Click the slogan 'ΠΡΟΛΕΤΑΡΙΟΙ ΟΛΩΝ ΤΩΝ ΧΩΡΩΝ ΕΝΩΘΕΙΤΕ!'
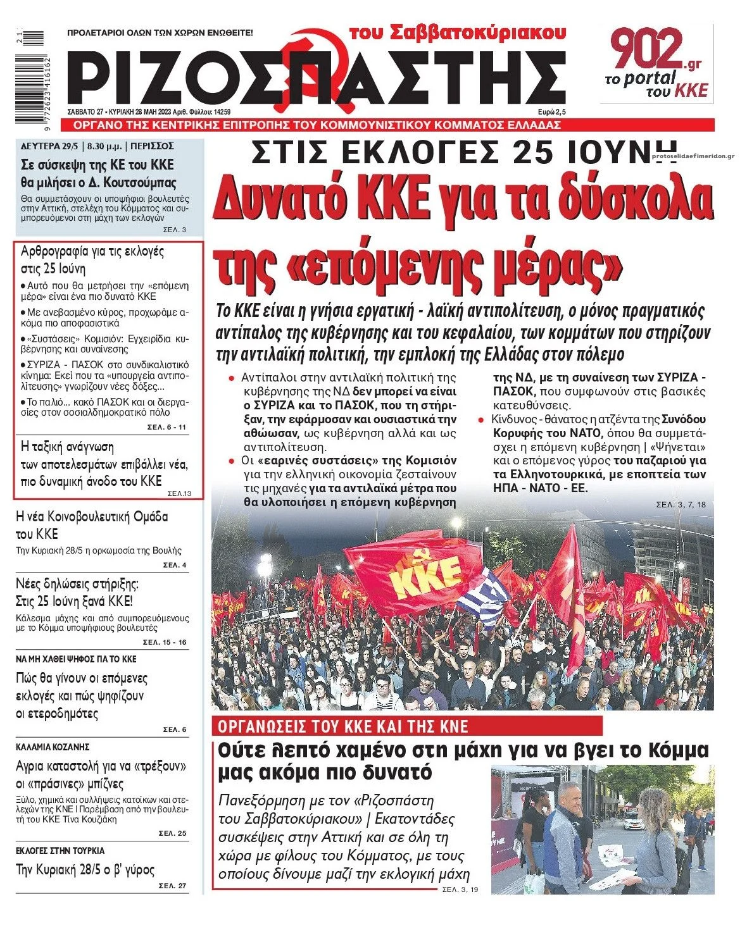pyautogui.click(x=160, y=32)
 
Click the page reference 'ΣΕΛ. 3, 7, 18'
pyautogui.click(x=681, y=504)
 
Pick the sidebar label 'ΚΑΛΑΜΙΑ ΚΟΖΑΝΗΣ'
pyautogui.click(x=53, y=747)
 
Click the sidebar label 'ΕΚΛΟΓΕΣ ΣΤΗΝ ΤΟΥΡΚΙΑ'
pyautogui.click(x=60, y=850)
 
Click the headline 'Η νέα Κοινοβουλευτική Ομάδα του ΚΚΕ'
pyautogui.click(x=91, y=524)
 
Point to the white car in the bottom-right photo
pyautogui.click(x=634, y=821)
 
